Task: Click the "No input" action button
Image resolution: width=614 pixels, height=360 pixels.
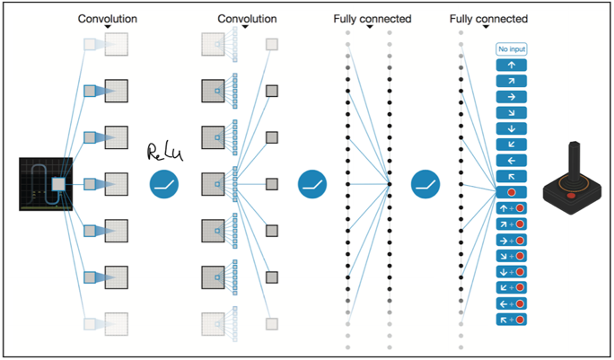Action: pos(512,49)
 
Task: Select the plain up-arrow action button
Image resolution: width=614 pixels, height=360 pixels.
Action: pos(512,65)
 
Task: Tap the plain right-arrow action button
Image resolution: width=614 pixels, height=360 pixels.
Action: pos(512,97)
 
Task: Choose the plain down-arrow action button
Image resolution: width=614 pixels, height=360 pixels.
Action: pos(512,128)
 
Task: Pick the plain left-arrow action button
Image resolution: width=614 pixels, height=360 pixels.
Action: pos(512,160)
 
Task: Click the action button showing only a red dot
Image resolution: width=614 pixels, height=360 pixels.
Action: pos(512,192)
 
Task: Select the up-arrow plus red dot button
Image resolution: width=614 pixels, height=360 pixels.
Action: pos(512,208)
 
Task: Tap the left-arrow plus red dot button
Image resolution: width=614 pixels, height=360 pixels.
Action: pos(512,303)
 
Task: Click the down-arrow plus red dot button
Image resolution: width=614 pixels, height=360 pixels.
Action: pos(512,271)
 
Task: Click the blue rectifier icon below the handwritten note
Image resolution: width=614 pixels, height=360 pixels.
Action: pos(164,184)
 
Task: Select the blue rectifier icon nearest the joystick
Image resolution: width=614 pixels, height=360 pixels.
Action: pos(425,184)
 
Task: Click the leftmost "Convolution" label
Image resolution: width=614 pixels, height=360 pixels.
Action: pos(108,19)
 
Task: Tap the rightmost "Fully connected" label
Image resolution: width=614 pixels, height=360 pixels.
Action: pos(488,19)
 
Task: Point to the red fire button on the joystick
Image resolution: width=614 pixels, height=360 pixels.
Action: pos(571,195)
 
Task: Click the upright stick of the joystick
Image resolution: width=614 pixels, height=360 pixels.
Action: pos(575,162)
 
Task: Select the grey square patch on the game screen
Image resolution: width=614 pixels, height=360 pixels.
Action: pos(58,184)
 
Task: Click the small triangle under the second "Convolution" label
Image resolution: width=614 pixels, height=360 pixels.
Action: pos(245,27)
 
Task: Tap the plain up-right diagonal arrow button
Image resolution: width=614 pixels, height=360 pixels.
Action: pos(512,81)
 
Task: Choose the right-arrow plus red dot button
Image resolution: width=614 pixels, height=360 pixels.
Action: pos(512,240)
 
